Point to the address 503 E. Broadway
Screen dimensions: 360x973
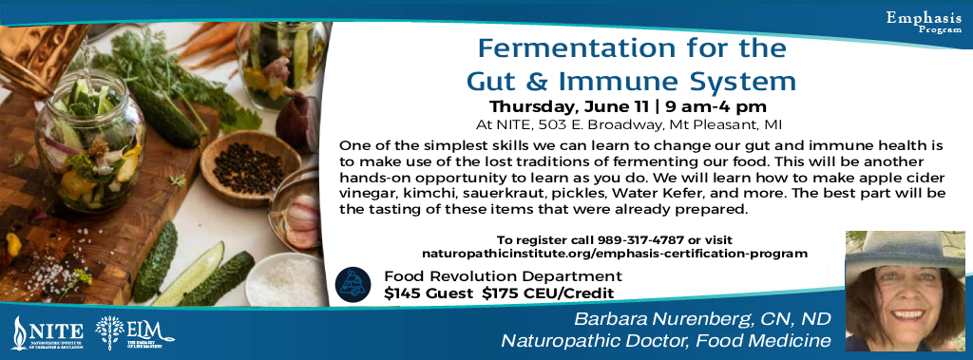point(598,124)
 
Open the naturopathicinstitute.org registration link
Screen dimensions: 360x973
point(615,254)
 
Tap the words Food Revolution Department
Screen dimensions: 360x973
point(484,276)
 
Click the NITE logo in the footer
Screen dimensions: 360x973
point(47,332)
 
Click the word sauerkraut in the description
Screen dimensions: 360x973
point(570,192)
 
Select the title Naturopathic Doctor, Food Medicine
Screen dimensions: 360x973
point(666,340)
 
